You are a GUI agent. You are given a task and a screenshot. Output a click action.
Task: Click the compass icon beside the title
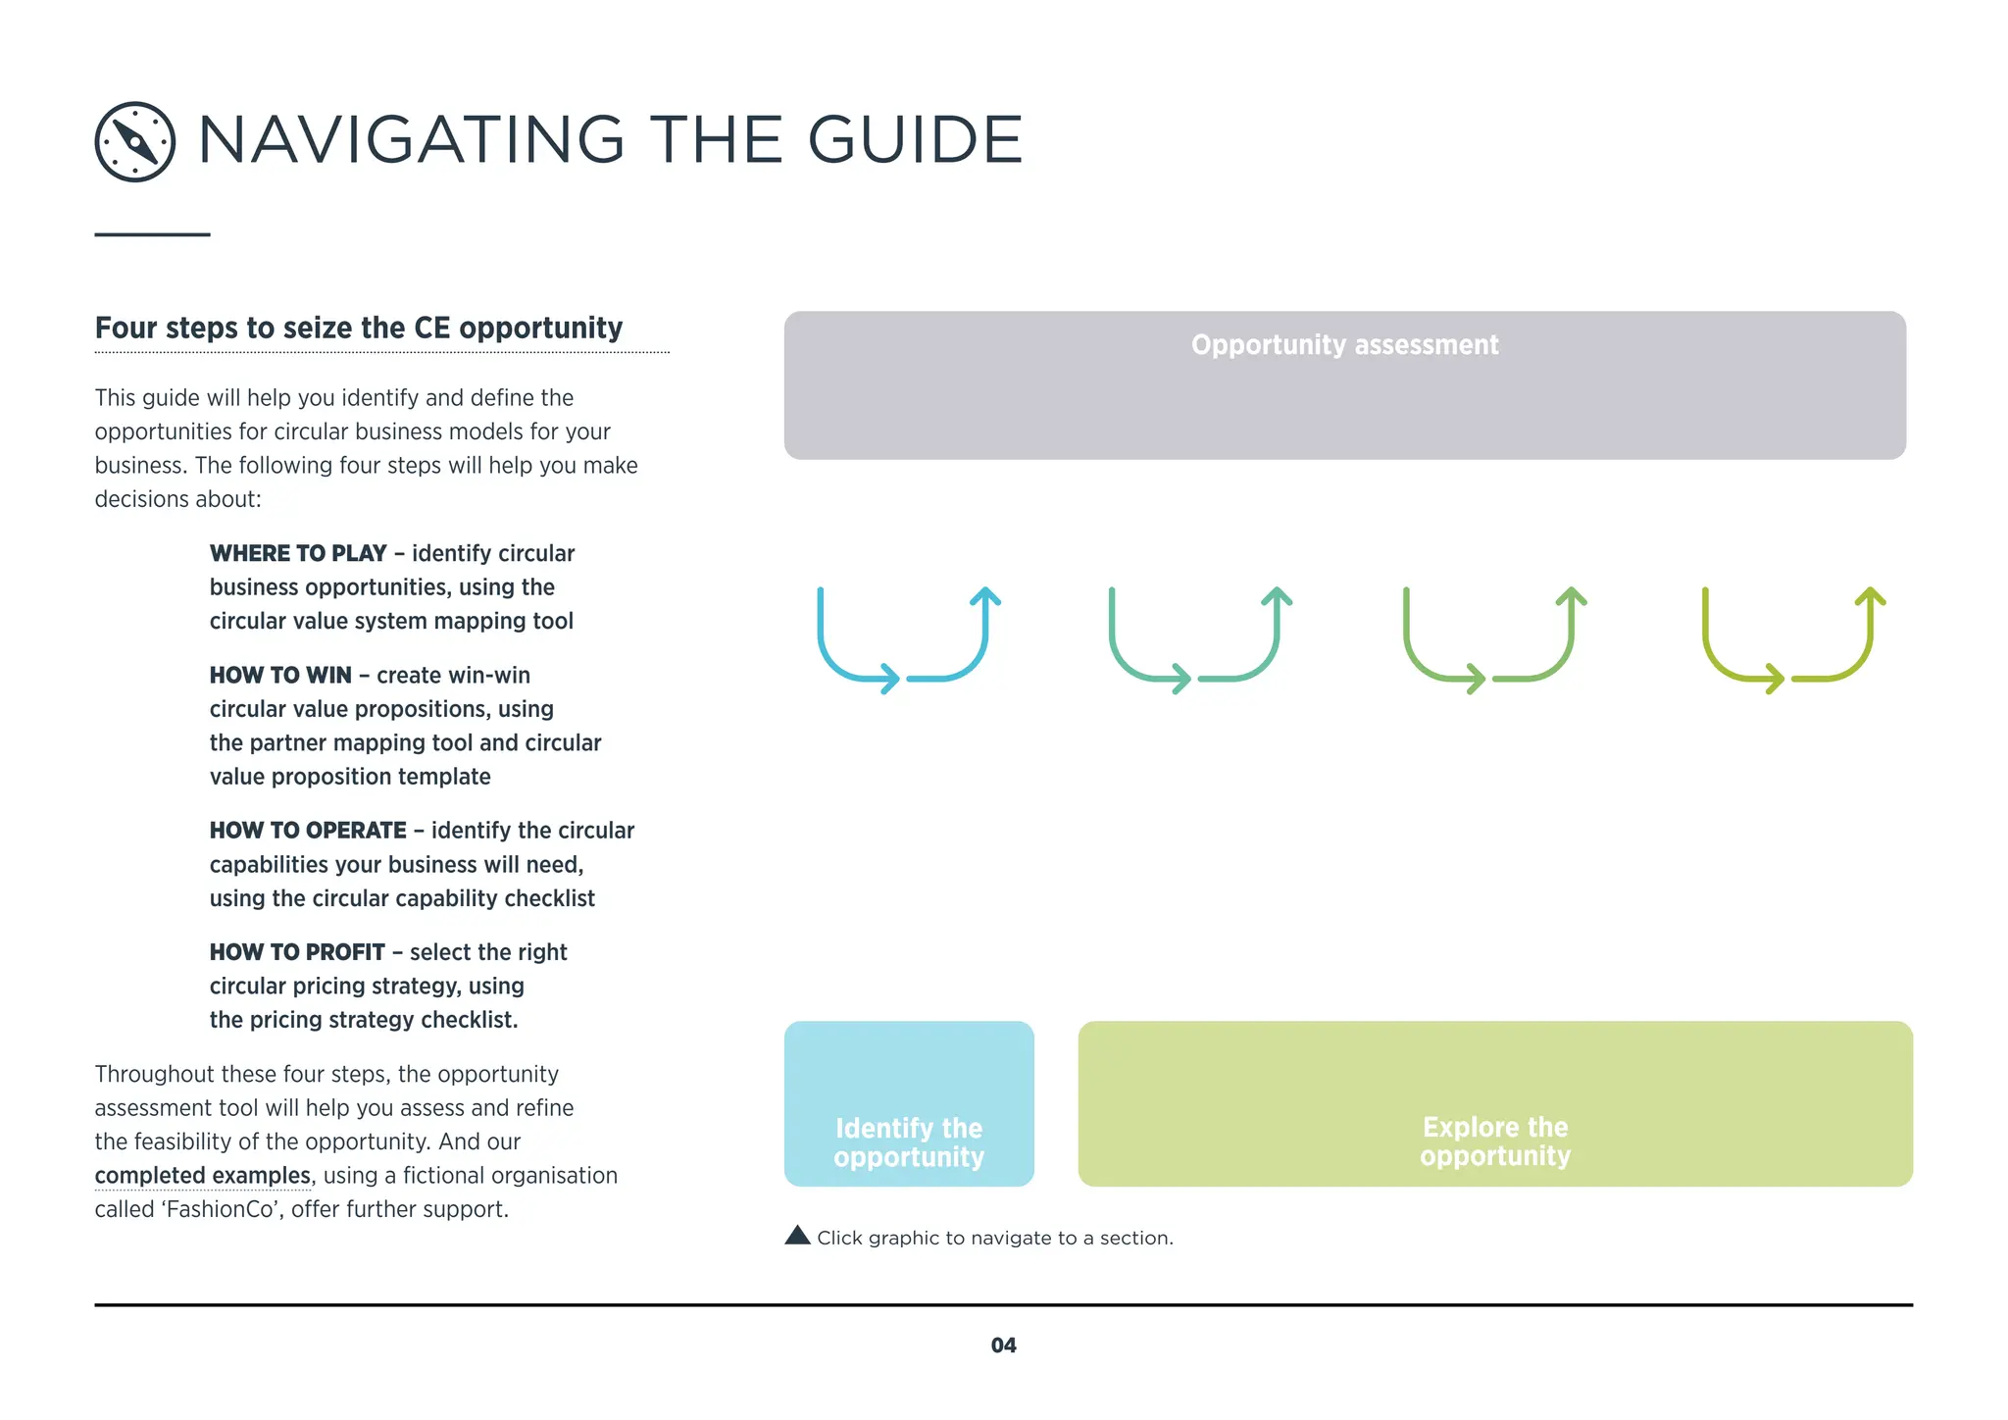pyautogui.click(x=135, y=142)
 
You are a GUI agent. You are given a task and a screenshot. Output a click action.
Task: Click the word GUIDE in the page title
pyautogui.click(x=915, y=140)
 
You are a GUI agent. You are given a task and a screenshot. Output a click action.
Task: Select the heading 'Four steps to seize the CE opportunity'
pyautogui.click(x=359, y=328)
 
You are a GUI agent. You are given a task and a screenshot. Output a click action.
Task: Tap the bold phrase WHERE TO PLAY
pyautogui.click(x=298, y=554)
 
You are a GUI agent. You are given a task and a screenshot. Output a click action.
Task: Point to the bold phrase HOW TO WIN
pyautogui.click(x=280, y=676)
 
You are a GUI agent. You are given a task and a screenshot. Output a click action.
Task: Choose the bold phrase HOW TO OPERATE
pyautogui.click(x=308, y=831)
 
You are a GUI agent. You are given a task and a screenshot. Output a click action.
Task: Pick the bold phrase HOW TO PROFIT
pyautogui.click(x=297, y=952)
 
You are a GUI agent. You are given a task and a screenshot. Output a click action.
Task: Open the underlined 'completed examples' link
pyautogui.click(x=202, y=1176)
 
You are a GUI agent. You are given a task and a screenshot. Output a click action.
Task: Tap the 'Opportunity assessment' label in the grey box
pyautogui.click(x=1344, y=345)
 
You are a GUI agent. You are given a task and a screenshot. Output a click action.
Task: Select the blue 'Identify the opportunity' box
pyautogui.click(x=909, y=1104)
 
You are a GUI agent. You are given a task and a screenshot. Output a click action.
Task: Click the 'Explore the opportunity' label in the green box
pyautogui.click(x=1495, y=1141)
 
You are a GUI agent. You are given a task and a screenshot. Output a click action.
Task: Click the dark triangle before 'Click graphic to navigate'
pyautogui.click(x=797, y=1236)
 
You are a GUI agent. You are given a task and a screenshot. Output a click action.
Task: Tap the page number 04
pyautogui.click(x=1003, y=1345)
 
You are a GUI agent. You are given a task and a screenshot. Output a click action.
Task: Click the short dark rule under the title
pyautogui.click(x=152, y=234)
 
